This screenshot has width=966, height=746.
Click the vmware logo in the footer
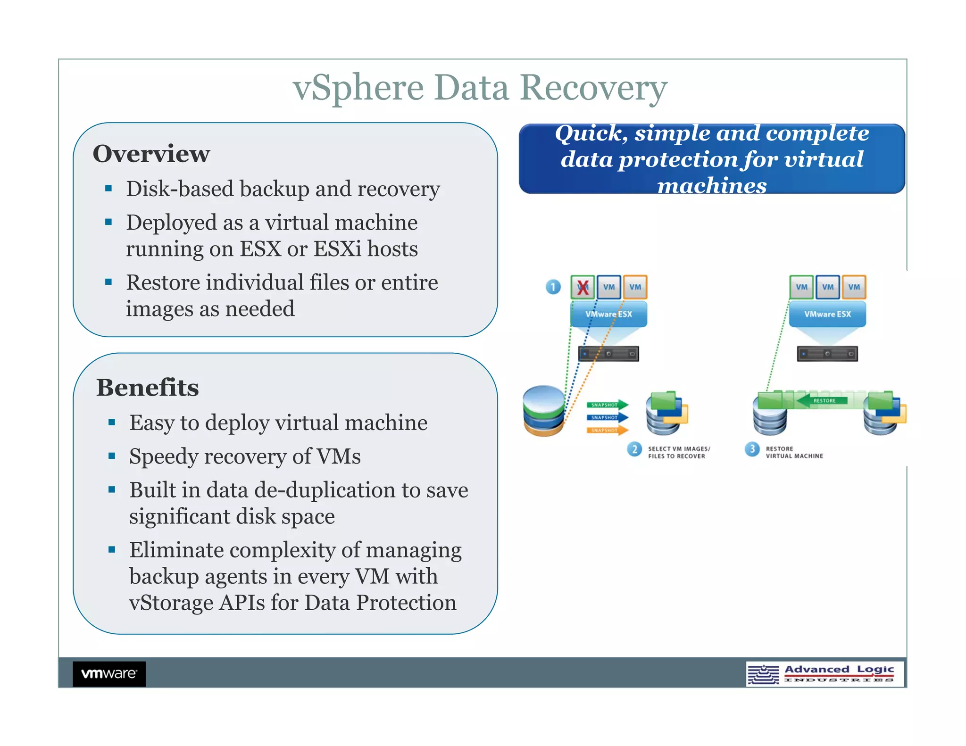[109, 673]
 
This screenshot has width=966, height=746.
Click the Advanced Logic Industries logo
[824, 674]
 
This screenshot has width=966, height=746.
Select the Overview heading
[151, 154]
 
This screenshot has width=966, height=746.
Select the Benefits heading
[147, 388]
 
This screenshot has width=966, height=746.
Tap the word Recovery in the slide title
[593, 88]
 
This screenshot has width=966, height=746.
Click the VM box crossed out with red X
[583, 287]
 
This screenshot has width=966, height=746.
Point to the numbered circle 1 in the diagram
[553, 287]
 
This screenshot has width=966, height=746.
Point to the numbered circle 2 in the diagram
[634, 449]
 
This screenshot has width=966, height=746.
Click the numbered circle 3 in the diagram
[752, 449]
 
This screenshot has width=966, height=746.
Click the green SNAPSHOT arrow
[608, 405]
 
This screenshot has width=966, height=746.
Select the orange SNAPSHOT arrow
[608, 430]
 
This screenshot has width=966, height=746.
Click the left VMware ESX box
[608, 314]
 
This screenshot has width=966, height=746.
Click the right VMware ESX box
[827, 314]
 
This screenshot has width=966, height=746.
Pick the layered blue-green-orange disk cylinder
[544, 410]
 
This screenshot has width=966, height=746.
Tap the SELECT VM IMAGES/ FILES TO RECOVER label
[678, 452]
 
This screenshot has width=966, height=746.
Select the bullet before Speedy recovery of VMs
[112, 456]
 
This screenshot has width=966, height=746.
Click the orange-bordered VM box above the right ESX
[854, 287]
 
